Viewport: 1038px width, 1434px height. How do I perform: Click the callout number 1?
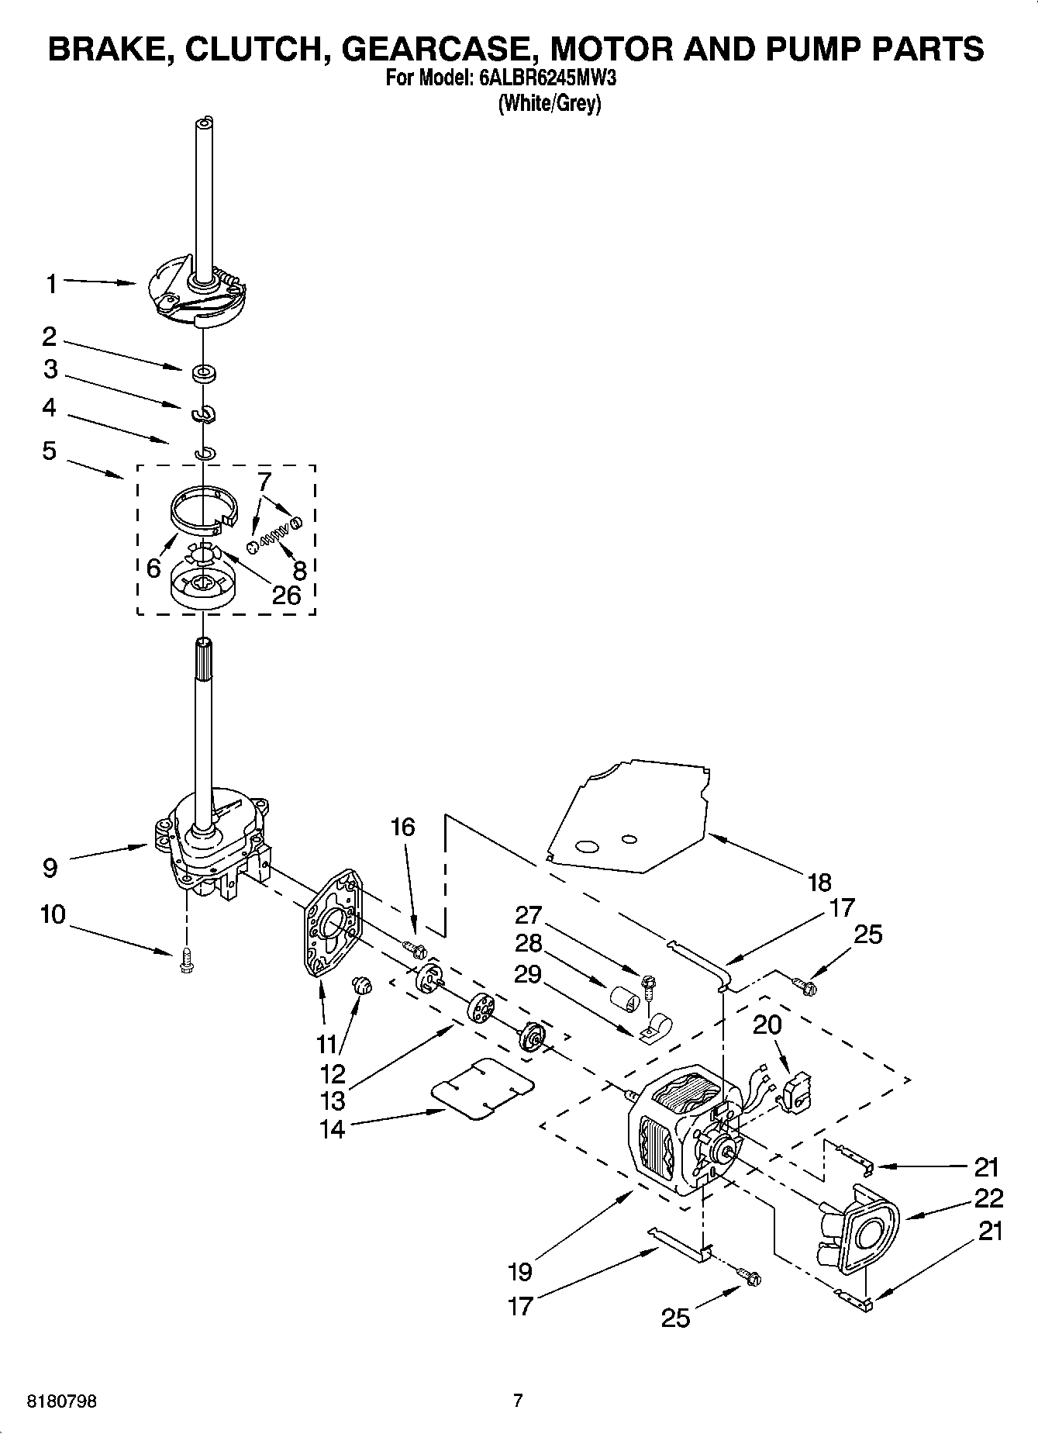click(51, 285)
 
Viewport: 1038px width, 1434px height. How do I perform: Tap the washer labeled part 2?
click(205, 374)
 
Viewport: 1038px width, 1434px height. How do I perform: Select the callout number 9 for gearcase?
click(50, 867)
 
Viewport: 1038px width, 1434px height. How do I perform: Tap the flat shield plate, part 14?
click(482, 1088)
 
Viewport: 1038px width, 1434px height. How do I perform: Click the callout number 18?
click(819, 882)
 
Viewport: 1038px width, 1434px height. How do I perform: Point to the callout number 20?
click(767, 1025)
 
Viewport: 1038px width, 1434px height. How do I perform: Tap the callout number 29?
click(528, 973)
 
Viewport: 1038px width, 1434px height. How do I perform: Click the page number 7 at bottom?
click(518, 1401)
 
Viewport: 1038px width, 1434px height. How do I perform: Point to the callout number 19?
click(520, 1271)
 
